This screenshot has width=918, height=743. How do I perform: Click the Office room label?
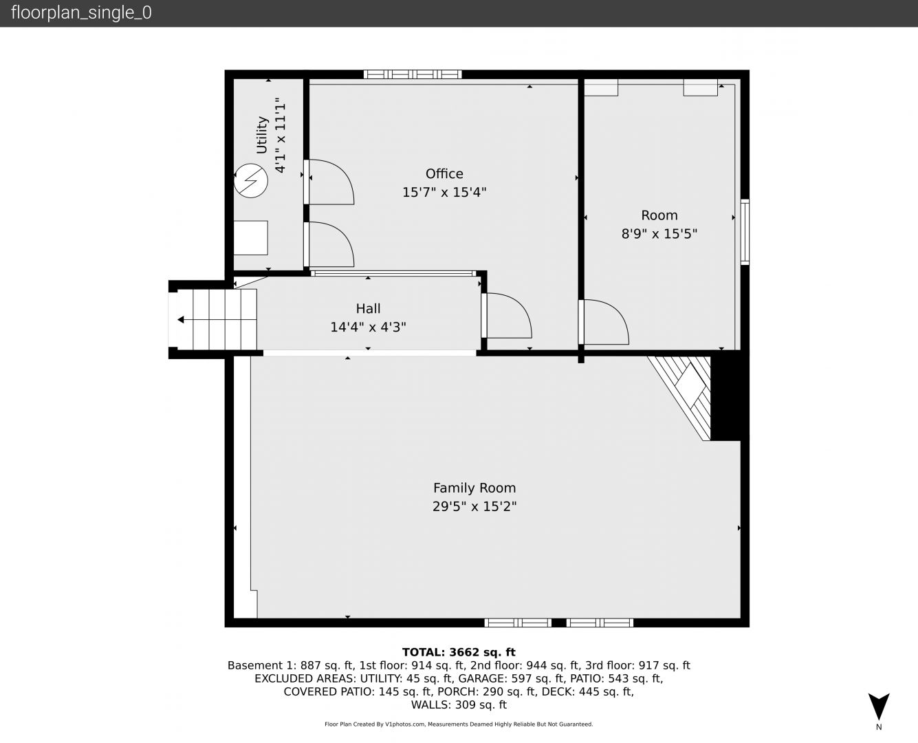pos(444,174)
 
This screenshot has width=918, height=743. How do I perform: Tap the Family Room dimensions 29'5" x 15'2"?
pos(474,506)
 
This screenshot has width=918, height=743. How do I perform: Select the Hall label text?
pos(368,309)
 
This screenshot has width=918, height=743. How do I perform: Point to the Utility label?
pos(262,135)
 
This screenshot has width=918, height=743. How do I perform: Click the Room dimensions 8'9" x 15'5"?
pos(659,234)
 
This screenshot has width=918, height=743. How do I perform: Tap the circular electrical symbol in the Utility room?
pos(251,180)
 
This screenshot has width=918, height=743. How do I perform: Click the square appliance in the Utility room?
pos(251,237)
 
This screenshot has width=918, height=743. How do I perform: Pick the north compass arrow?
pos(879,706)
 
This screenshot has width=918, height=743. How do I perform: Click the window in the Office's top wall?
pos(413,74)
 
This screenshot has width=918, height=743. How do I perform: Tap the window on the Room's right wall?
pos(745,232)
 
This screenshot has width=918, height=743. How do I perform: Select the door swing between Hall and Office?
pos(507,316)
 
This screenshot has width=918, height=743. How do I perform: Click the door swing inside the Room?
pos(604,322)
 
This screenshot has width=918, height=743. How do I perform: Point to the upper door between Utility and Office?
pos(329,182)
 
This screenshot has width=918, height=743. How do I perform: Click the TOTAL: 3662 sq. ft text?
pos(459,652)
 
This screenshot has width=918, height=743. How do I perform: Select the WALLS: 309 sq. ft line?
pos(459,705)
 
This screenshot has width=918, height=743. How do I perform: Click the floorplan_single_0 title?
pos(81,13)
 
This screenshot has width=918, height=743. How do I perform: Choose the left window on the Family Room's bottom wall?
pos(518,623)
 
